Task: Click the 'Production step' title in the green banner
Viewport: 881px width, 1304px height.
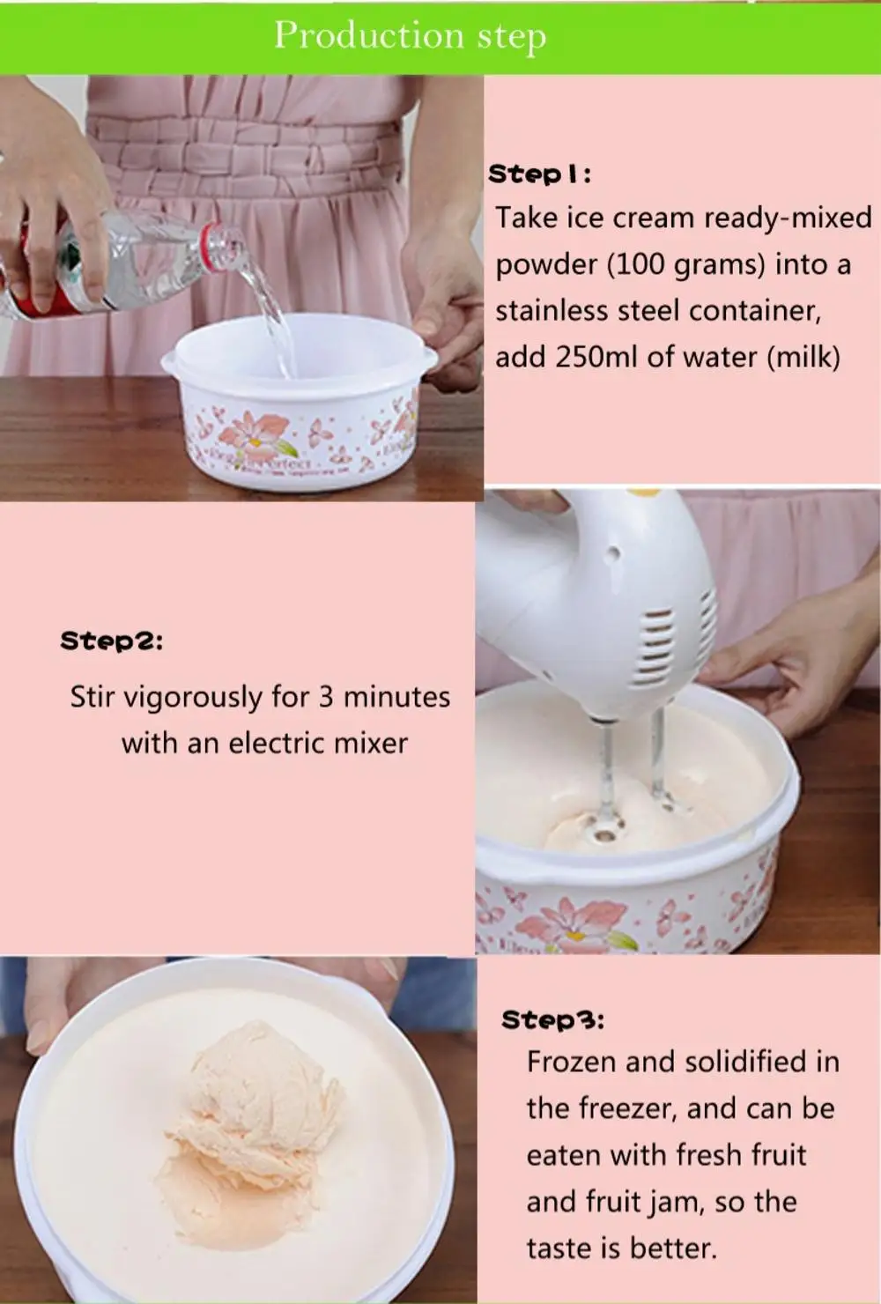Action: tap(410, 36)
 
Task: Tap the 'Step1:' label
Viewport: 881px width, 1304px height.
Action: tap(539, 174)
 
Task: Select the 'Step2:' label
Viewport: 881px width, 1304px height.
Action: tap(112, 641)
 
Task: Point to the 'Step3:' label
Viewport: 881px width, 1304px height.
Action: tap(552, 1019)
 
